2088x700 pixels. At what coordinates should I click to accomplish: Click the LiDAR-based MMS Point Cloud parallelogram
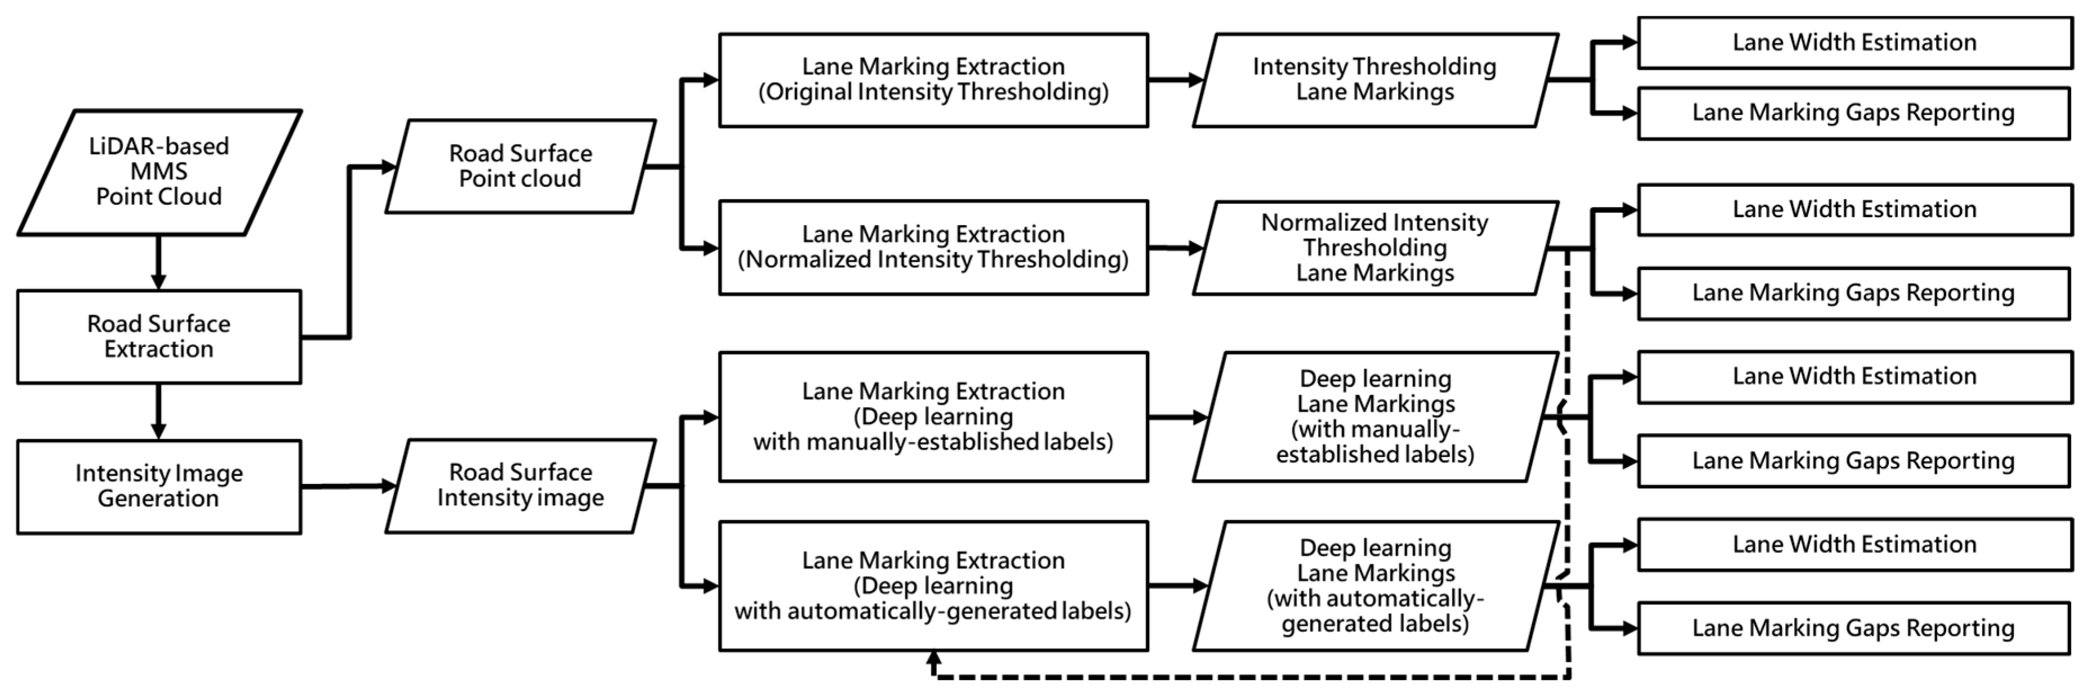click(x=159, y=172)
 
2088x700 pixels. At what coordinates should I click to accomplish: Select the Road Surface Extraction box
click(x=159, y=336)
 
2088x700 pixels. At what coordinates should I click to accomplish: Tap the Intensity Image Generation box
click(x=159, y=486)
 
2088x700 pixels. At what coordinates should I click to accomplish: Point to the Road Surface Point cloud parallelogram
click(x=520, y=166)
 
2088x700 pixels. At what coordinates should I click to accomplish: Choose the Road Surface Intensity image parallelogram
click(x=520, y=485)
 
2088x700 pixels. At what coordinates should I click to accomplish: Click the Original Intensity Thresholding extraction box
click(x=933, y=79)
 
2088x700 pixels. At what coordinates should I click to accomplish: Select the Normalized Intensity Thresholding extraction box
click(x=933, y=247)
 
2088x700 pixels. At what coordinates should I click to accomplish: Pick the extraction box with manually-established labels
click(x=933, y=416)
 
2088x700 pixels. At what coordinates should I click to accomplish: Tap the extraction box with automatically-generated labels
click(x=933, y=585)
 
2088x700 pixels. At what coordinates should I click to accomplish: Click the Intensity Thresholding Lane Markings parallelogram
click(x=1375, y=79)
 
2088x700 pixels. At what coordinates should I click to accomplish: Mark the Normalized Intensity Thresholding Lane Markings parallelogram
click(x=1375, y=247)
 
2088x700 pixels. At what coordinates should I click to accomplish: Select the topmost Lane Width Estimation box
click(x=1854, y=42)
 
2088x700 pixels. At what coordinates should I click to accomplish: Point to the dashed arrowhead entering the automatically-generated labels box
click(x=934, y=659)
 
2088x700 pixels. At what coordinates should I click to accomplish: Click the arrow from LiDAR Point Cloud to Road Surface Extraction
click(x=158, y=263)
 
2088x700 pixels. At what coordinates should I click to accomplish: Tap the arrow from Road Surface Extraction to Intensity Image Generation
click(x=158, y=411)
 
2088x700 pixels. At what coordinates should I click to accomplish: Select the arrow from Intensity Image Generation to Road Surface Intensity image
click(x=348, y=486)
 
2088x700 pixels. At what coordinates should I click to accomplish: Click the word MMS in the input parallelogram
click(x=159, y=171)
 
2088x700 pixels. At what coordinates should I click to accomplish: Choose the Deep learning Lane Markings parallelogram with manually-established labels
click(x=1375, y=416)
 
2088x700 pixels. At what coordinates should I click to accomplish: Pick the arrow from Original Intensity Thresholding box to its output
click(x=1175, y=79)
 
